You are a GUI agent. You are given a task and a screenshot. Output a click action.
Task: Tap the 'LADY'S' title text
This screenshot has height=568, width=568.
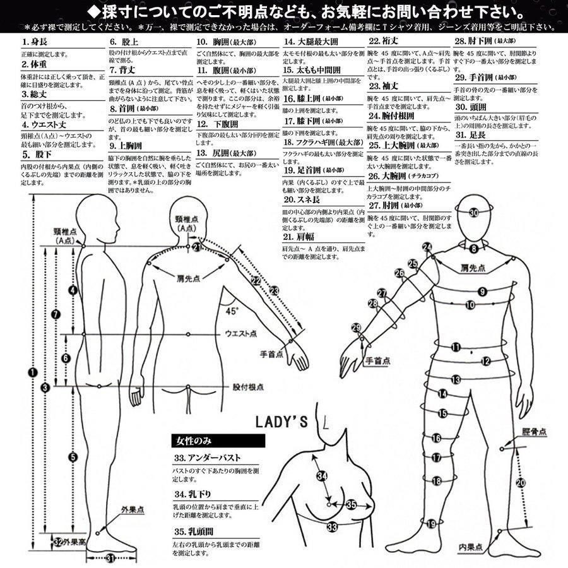coord(281,423)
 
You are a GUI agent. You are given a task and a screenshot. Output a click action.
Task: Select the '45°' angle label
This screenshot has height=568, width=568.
coord(232,311)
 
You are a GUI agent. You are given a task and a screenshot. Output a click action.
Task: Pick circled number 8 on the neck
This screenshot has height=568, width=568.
coord(473,249)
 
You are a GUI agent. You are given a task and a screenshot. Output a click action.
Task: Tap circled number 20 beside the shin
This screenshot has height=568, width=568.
coord(520,483)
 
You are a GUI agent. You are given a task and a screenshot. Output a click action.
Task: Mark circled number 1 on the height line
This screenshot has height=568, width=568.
coord(32,372)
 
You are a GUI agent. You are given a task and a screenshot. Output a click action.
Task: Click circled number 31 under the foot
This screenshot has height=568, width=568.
coord(110,557)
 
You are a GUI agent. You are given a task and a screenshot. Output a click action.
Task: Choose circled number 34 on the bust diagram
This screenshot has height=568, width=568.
coord(322,476)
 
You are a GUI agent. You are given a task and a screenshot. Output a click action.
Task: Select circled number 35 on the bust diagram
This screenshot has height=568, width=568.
coord(351,504)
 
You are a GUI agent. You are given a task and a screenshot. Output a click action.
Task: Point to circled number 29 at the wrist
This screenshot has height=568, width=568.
coord(357,327)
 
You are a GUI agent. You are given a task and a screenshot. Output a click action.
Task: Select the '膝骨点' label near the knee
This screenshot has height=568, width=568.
coord(534,432)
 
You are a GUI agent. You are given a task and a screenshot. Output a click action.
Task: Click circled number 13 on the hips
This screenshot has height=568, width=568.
coord(456,379)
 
